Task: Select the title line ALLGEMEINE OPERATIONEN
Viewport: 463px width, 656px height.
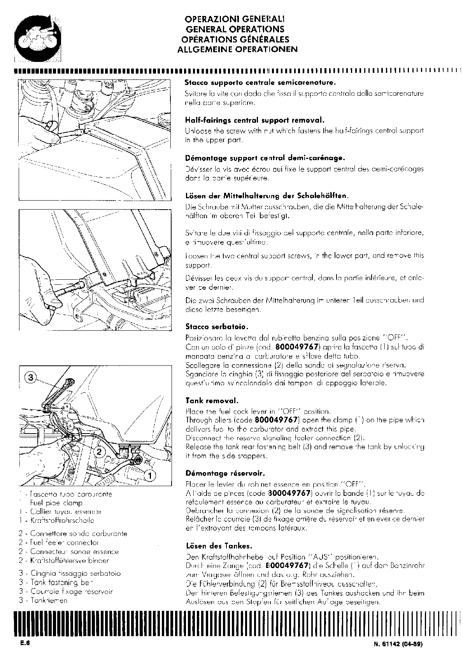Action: click(x=237, y=49)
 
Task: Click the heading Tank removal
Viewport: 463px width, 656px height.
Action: click(x=212, y=400)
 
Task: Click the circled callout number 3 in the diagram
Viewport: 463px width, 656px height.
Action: click(x=32, y=377)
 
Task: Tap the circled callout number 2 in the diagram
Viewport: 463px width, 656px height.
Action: click(x=100, y=452)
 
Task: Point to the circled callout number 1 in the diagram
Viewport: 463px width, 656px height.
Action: click(x=150, y=475)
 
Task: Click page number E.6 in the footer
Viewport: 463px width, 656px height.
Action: click(x=25, y=644)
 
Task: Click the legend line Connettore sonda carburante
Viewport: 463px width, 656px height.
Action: click(x=79, y=533)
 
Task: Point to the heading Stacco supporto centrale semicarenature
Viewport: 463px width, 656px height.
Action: click(x=260, y=83)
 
